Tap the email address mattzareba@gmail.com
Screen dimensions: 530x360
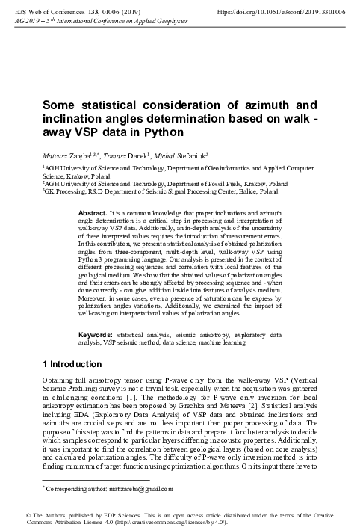[x=139, y=490]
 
